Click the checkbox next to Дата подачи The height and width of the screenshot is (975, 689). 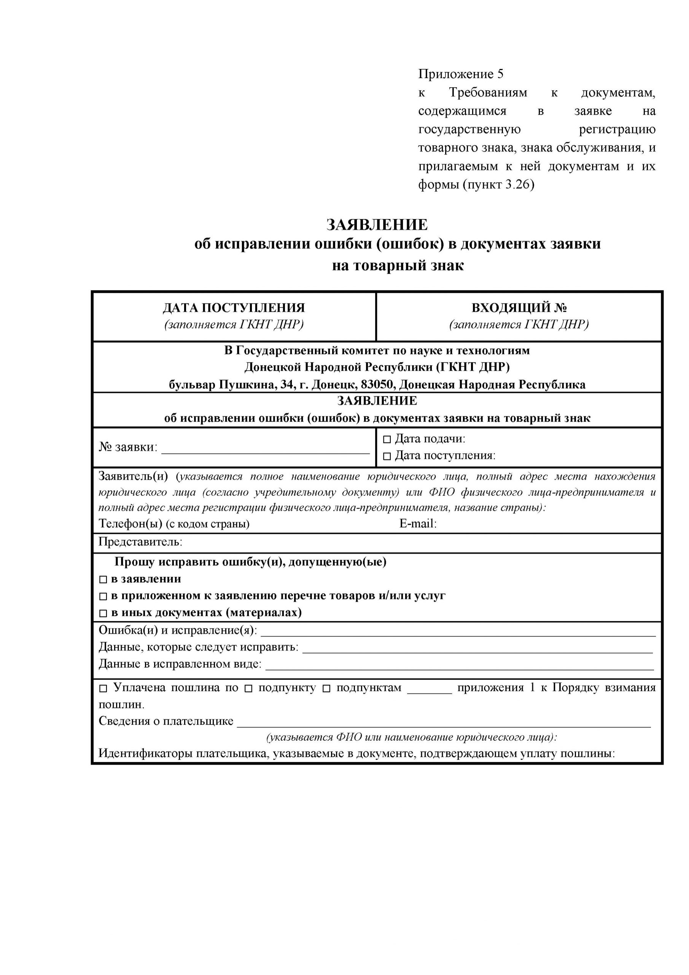[x=387, y=440]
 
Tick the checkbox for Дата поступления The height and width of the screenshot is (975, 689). [x=387, y=457]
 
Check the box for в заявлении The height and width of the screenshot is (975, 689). [x=103, y=580]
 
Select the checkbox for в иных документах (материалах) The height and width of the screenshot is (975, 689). [x=103, y=614]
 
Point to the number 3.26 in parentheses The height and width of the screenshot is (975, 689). [x=517, y=185]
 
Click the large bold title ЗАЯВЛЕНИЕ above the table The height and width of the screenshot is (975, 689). [x=377, y=225]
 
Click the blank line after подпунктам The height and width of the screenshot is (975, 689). [x=430, y=690]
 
